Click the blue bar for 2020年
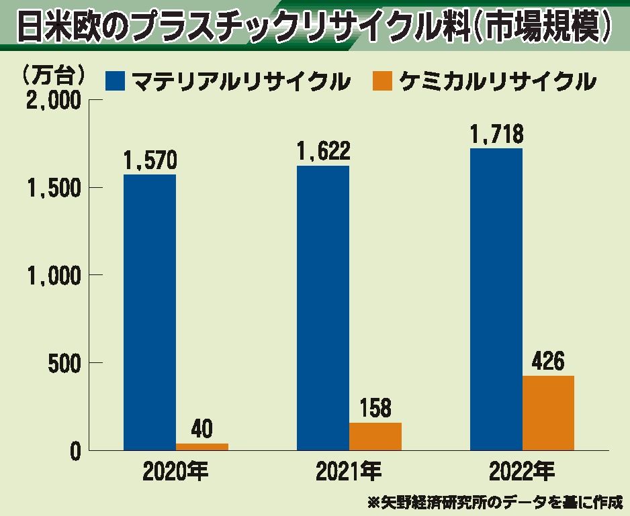coord(150,312)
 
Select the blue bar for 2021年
coord(323,307)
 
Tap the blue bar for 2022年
coord(496,299)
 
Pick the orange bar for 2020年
coord(202,446)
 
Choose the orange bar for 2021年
coord(375,436)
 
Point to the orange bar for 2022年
coord(548,413)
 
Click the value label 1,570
coord(150,161)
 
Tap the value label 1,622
coord(323,152)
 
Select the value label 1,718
coord(496,135)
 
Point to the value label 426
coord(548,362)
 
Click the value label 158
coord(375,409)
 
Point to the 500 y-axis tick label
coord(64,363)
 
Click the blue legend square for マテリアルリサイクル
coord(115,82)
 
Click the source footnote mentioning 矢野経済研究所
coord(494,501)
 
